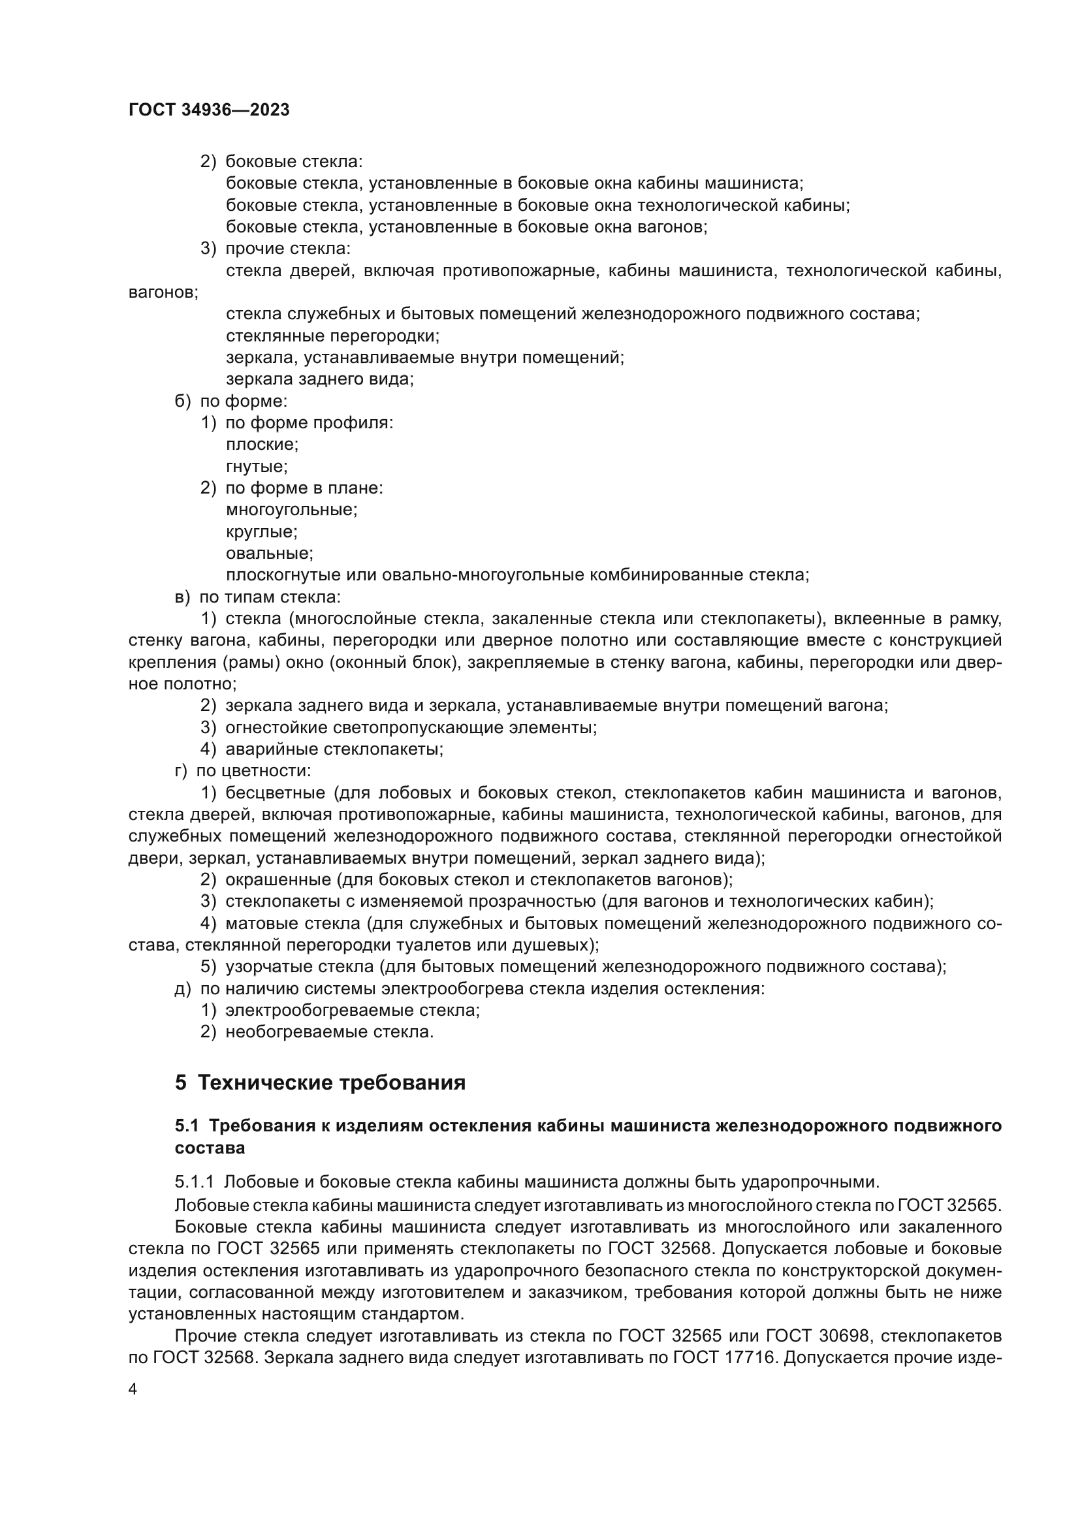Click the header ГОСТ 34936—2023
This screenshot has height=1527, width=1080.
(209, 110)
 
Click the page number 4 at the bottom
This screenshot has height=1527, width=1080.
(133, 1389)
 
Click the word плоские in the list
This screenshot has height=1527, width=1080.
(261, 445)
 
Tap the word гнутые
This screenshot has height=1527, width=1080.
(256, 466)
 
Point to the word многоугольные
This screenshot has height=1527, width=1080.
(291, 510)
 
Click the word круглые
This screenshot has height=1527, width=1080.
(261, 532)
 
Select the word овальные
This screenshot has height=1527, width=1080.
(268, 554)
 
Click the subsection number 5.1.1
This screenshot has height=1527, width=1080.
(194, 1182)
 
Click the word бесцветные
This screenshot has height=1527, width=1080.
(276, 793)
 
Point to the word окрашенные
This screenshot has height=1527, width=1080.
(278, 880)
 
